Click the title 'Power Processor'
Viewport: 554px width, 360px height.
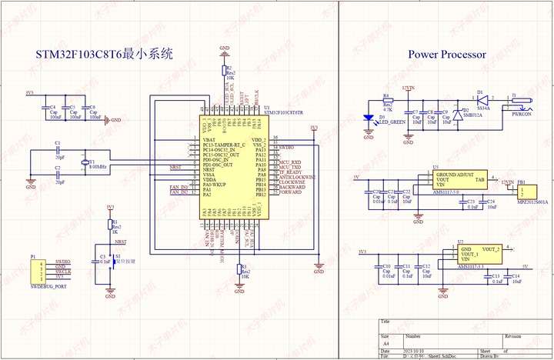click(446, 55)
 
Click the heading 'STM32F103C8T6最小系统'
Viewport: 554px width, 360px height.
click(105, 55)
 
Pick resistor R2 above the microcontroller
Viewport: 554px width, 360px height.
click(224, 72)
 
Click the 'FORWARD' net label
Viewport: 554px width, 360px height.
click(292, 193)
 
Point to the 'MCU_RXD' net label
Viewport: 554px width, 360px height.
click(291, 162)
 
